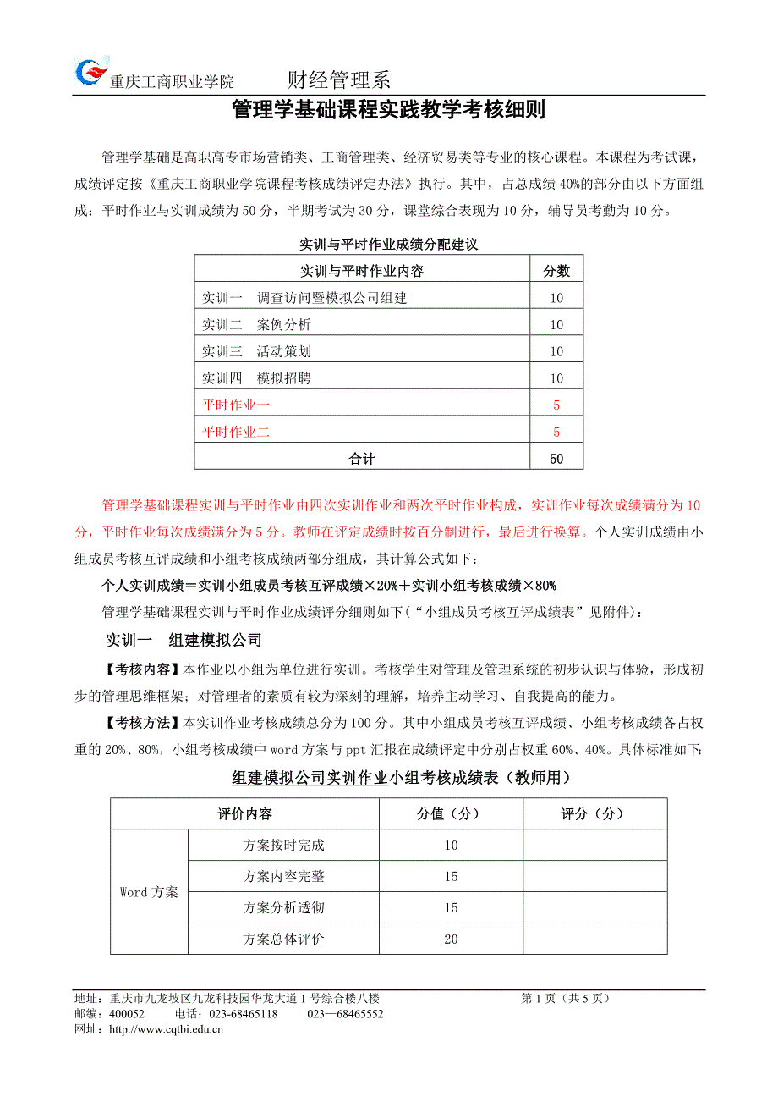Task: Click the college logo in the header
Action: [90, 71]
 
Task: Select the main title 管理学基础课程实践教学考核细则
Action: [388, 111]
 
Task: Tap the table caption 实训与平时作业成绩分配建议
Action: [389, 245]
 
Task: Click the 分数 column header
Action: [556, 271]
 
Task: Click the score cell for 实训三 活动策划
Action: [556, 351]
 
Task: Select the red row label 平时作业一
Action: [236, 405]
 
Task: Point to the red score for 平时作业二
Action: [556, 432]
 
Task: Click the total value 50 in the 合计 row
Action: [556, 459]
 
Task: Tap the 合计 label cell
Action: [362, 459]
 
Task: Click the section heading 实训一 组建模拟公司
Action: [182, 640]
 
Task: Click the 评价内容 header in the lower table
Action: [244, 813]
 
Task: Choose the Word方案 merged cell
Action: [149, 892]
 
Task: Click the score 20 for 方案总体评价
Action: [451, 939]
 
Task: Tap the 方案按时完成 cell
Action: [283, 845]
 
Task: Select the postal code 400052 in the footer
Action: [127, 1014]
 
